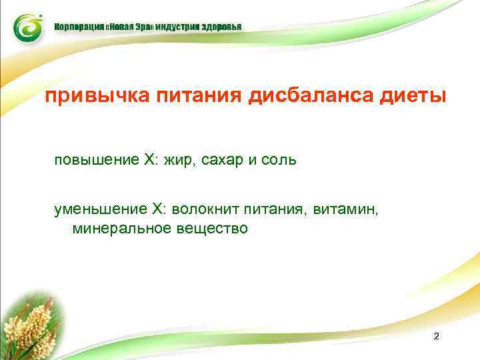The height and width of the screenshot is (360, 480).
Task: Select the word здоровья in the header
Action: click(x=219, y=27)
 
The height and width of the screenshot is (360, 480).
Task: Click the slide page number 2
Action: click(x=436, y=336)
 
